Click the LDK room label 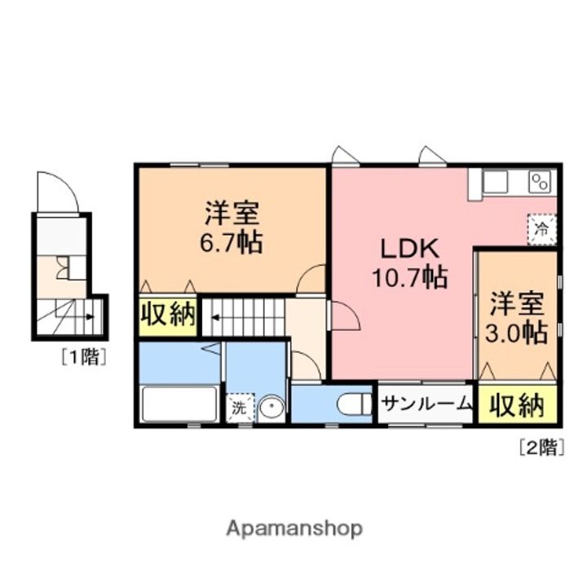click(x=408, y=247)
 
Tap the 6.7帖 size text click(x=232, y=242)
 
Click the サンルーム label click(x=426, y=404)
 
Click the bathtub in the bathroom click(x=180, y=404)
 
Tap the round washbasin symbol click(x=271, y=408)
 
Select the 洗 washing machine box click(x=240, y=408)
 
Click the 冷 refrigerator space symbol click(x=541, y=229)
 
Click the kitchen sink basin click(x=496, y=182)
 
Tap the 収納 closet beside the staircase click(x=168, y=315)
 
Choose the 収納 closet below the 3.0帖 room click(x=517, y=405)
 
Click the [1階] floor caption click(x=82, y=356)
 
